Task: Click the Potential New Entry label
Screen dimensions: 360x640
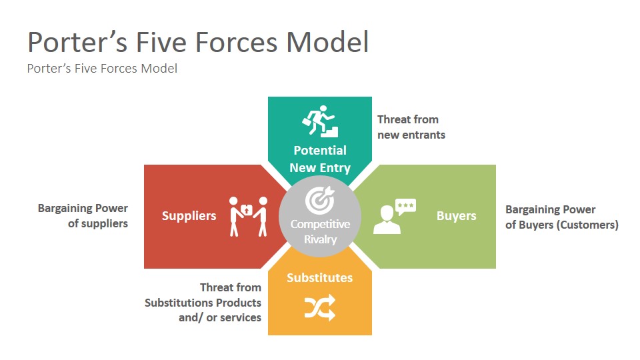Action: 320,159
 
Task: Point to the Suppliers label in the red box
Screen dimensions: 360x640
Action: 189,216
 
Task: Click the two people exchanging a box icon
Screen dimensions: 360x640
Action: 249,215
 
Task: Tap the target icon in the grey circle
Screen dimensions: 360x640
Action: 319,200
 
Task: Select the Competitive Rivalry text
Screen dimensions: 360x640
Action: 319,231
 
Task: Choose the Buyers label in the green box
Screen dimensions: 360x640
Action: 456,216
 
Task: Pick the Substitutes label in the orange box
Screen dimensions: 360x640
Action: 320,277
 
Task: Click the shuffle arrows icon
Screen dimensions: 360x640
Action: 319,307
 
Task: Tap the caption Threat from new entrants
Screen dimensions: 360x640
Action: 411,127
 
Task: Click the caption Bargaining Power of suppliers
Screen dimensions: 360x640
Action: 83,216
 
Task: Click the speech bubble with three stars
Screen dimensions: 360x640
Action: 405,206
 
